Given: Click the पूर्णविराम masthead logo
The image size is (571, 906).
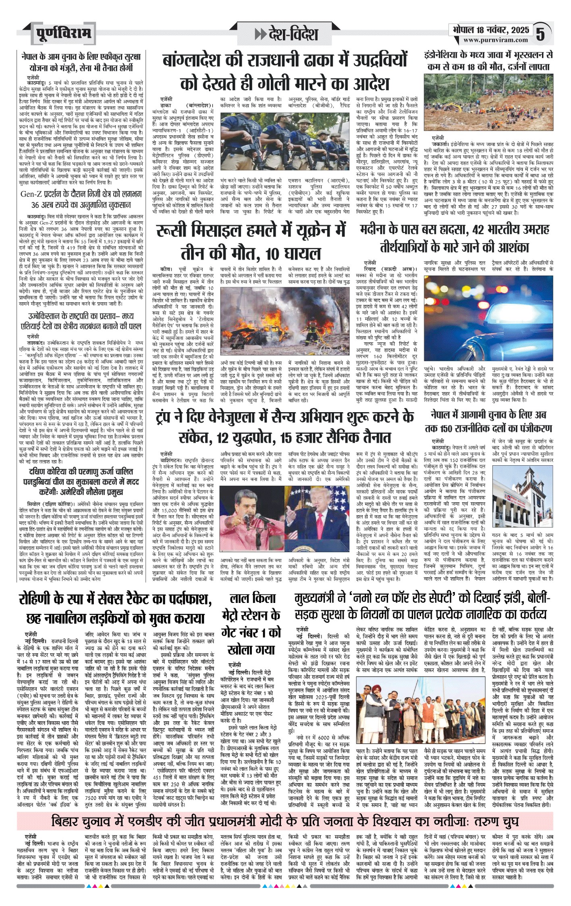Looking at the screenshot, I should [x=63, y=33].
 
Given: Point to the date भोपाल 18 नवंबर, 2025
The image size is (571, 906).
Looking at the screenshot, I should [x=490, y=30].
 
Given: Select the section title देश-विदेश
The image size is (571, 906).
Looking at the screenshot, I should [x=286, y=34].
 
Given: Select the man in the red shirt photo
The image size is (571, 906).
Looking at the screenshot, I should [x=252, y=519].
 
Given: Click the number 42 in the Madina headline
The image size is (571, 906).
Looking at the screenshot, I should [x=478, y=230].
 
